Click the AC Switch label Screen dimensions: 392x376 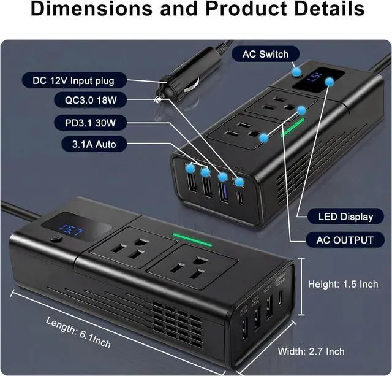point(265,54)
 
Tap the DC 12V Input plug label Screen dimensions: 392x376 point(73,80)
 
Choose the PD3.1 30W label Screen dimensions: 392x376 point(91,123)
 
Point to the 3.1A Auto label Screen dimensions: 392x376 point(91,145)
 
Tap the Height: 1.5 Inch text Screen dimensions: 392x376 point(343,283)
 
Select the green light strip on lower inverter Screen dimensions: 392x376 point(192,239)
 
